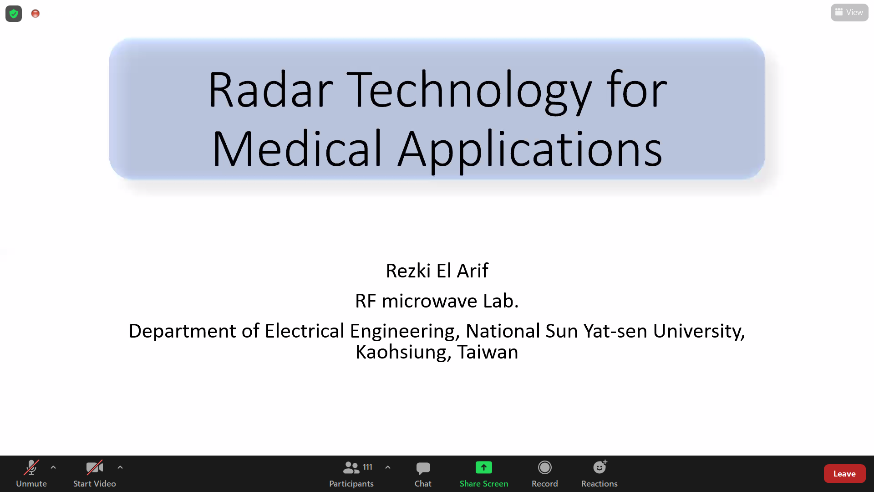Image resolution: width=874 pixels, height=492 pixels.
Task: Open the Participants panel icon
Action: point(351,467)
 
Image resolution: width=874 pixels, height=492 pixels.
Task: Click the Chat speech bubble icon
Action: point(423,468)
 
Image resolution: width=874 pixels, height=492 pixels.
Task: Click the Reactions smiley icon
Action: point(600,467)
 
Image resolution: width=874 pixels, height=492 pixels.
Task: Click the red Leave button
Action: point(844,474)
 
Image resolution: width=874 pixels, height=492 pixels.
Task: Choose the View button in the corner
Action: point(849,12)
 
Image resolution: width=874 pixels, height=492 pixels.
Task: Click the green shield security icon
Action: point(14,14)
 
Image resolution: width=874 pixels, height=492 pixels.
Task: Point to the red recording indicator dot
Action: point(36,14)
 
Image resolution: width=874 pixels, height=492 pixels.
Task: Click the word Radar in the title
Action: point(271,90)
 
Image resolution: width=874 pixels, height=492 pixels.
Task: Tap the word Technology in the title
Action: point(469,91)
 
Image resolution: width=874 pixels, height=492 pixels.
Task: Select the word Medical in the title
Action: point(297,148)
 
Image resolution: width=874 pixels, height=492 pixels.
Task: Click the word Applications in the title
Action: point(530,150)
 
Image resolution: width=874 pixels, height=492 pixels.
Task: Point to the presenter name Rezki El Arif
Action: point(437,271)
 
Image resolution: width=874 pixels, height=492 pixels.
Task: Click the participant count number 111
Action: point(368,467)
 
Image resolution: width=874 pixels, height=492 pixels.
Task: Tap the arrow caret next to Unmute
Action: point(53,467)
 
